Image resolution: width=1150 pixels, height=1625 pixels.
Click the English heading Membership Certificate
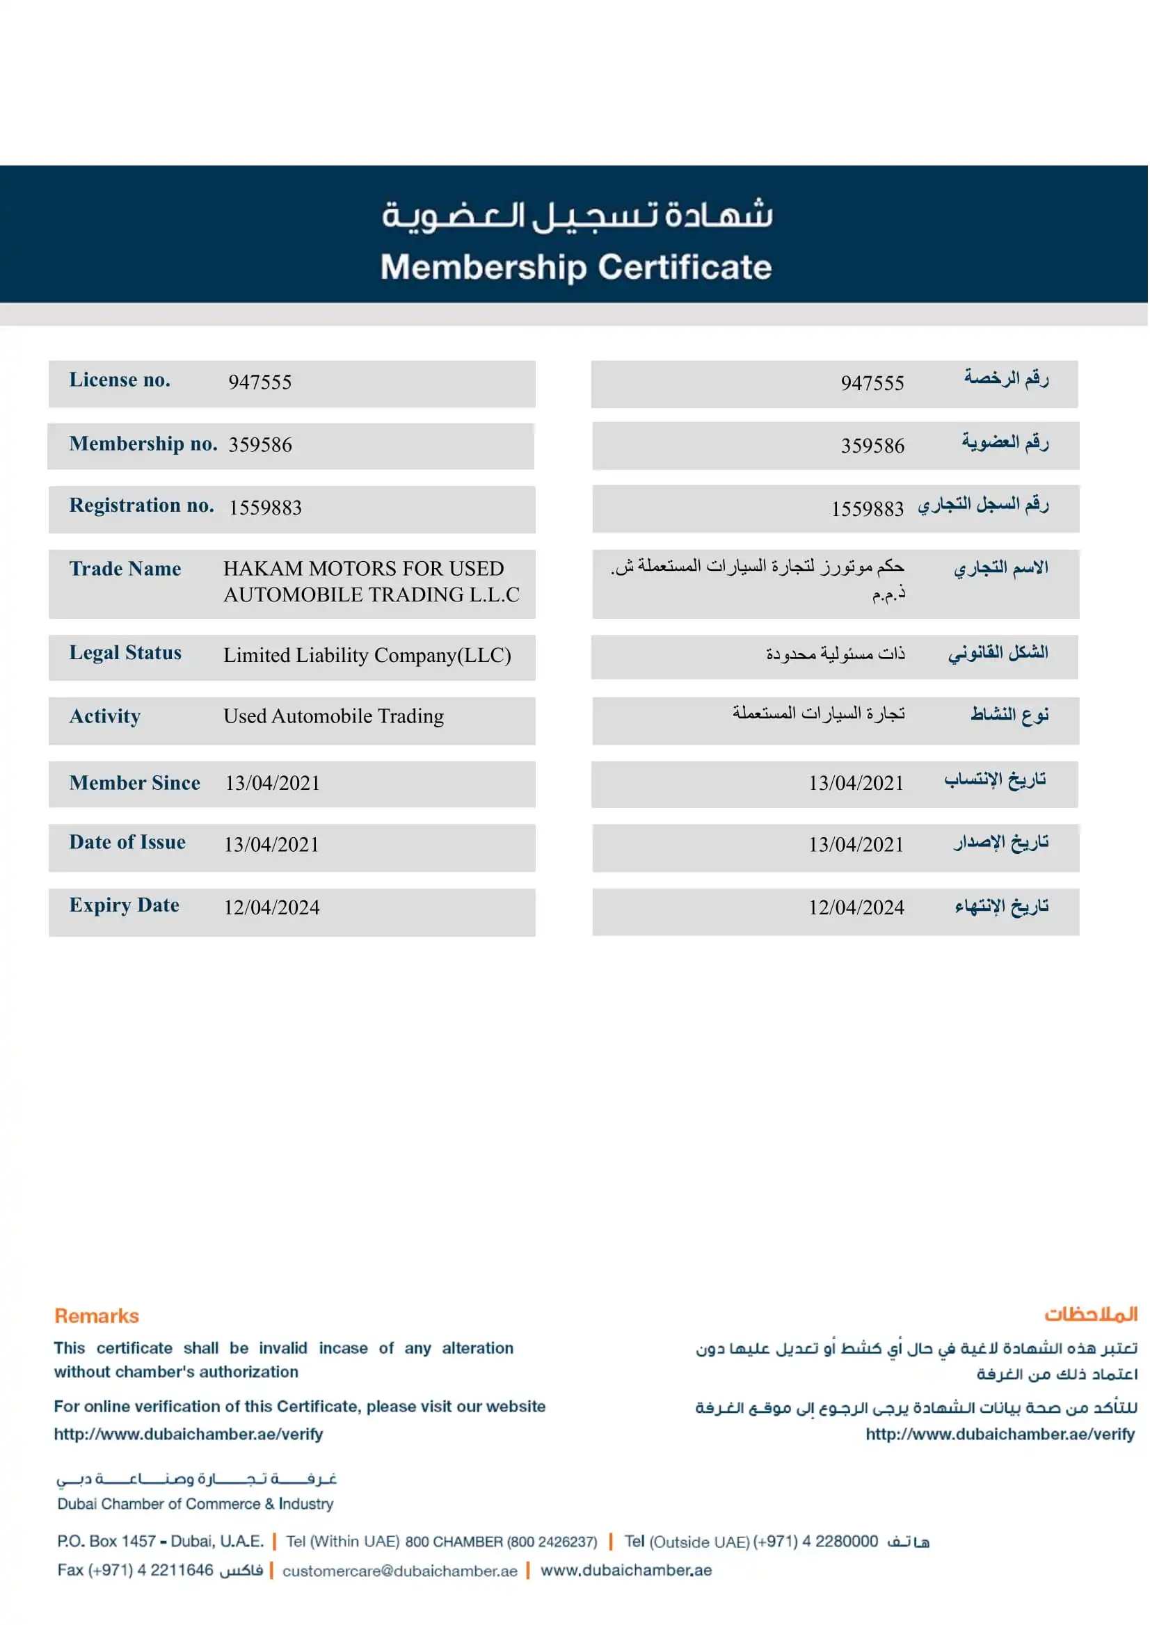click(576, 268)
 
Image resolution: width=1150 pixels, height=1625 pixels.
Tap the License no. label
click(120, 380)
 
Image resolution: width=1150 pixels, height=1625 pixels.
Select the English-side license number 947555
click(260, 382)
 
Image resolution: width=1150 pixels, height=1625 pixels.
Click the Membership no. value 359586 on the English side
click(260, 444)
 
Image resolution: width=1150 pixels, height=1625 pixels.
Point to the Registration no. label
click(142, 506)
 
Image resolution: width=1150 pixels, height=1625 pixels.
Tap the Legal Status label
click(125, 652)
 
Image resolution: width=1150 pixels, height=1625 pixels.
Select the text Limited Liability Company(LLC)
click(367, 656)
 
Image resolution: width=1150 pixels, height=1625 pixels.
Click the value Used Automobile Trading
click(333, 716)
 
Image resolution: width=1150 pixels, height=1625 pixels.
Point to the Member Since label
click(134, 783)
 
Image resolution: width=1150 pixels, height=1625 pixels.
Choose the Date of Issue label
click(127, 842)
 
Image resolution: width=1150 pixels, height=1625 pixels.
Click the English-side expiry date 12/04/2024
click(272, 907)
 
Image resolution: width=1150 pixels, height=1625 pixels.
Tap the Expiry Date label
click(124, 905)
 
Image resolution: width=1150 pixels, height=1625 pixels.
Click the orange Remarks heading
click(97, 1316)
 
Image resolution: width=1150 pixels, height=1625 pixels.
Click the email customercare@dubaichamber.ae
click(400, 1571)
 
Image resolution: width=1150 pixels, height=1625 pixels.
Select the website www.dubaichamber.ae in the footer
click(626, 1571)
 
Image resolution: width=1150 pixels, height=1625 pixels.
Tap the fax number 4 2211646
click(175, 1571)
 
